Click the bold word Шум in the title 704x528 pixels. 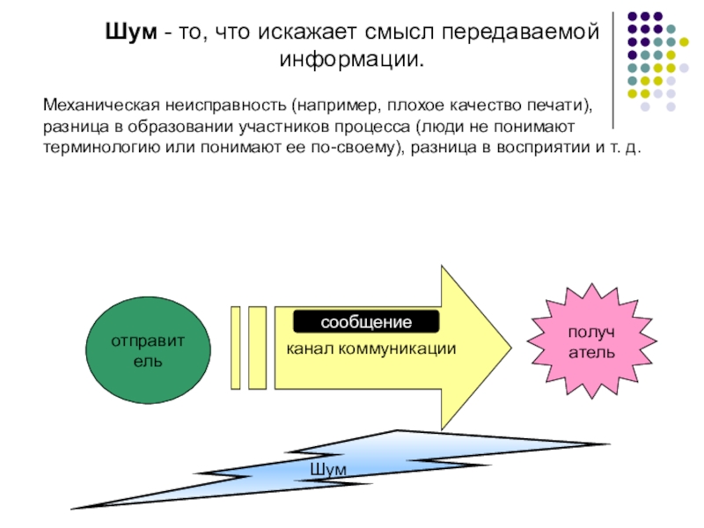click(131, 32)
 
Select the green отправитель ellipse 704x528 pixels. click(148, 350)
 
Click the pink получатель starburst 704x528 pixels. click(591, 341)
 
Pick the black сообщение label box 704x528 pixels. click(366, 321)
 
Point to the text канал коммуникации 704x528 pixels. click(371, 348)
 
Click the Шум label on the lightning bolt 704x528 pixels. click(328, 470)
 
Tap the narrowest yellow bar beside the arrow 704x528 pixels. click(236, 348)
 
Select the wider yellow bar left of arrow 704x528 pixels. click(257, 348)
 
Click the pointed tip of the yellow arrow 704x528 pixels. click(511, 347)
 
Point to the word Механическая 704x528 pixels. click(101, 105)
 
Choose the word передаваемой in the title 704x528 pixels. click(520, 32)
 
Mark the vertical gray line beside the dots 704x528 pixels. click(613, 70)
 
